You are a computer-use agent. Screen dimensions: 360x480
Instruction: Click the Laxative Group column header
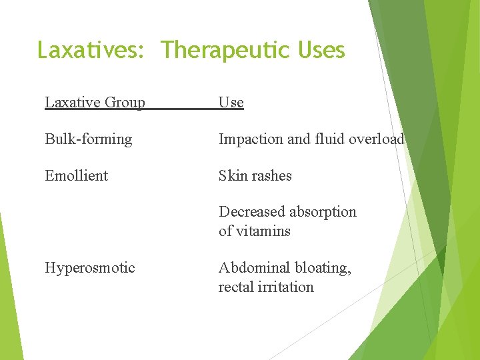click(x=95, y=103)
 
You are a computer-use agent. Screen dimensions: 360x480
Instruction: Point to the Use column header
click(x=231, y=103)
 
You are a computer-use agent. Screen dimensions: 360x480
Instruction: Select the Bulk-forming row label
click(x=89, y=139)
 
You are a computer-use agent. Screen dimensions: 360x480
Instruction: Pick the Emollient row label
click(x=76, y=176)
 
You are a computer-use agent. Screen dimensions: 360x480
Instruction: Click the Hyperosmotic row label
click(x=90, y=268)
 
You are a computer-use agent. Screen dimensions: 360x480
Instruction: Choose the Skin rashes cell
click(x=255, y=176)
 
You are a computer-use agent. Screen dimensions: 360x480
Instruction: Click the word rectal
click(x=235, y=287)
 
